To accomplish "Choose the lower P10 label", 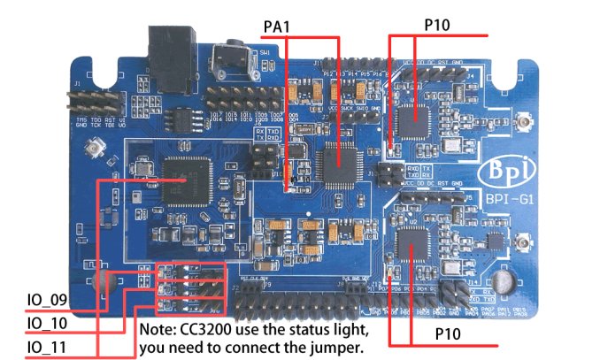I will (450, 334).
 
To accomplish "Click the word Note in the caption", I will (160, 329).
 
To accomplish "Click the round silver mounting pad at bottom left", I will (104, 283).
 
